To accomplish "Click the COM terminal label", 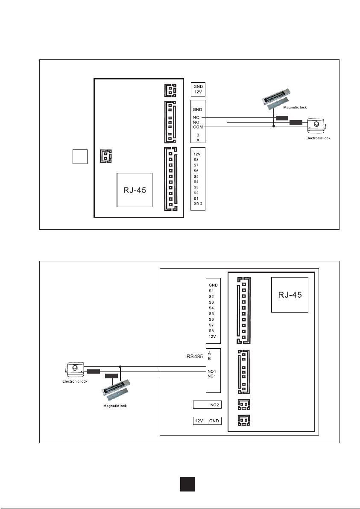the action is tap(198, 127).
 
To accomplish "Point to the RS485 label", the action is tap(194, 357).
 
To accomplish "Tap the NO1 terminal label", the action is tap(212, 372).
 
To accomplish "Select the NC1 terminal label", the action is tap(212, 376).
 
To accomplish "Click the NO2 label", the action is tap(214, 405).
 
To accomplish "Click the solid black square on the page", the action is tap(187, 484).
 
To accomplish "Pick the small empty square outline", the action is tap(80, 156).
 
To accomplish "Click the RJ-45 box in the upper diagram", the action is tap(135, 190).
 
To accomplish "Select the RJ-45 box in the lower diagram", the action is tap(290, 295).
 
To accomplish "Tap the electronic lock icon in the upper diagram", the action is tap(316, 125).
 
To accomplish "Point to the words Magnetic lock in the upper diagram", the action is tap(295, 107).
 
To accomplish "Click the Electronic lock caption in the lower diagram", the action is tap(75, 381).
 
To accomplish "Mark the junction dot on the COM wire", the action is tap(274, 126).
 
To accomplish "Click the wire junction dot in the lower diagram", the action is tap(120, 366).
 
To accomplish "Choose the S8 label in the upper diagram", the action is tap(196, 160).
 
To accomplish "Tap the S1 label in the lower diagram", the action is tap(211, 291).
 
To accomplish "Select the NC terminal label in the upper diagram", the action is tap(196, 117).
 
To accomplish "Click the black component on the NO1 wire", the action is tap(94, 372).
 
